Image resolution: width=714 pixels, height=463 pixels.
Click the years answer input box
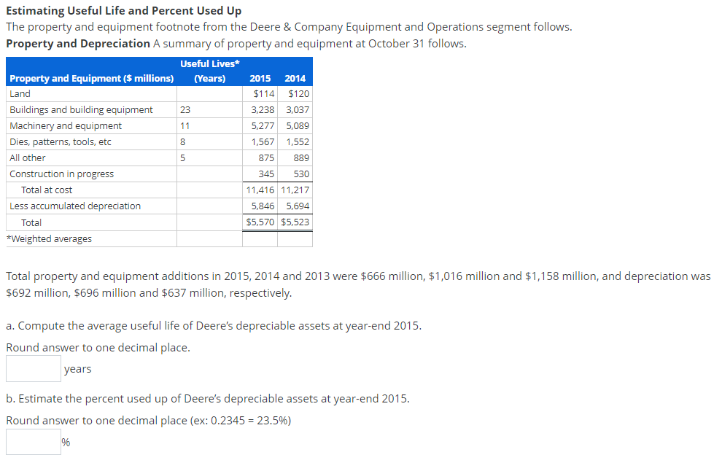click(34, 369)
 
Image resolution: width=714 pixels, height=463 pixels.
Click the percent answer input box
click(34, 442)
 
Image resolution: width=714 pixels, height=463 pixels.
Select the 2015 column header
click(260, 78)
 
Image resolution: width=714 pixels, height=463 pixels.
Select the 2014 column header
click(295, 78)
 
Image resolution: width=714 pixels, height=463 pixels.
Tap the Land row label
click(20, 94)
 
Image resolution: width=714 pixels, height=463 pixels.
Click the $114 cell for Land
click(263, 94)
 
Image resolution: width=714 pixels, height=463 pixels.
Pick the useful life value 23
click(185, 110)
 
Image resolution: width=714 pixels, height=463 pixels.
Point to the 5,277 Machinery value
click(263, 126)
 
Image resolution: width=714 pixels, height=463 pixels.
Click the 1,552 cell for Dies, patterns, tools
click(295, 142)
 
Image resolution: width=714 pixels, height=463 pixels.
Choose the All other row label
click(28, 158)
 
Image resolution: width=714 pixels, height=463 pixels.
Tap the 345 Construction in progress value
click(266, 174)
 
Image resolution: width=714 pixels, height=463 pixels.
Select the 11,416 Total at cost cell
click(261, 190)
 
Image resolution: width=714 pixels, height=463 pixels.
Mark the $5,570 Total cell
click(260, 222)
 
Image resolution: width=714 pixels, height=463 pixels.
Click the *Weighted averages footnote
click(49, 239)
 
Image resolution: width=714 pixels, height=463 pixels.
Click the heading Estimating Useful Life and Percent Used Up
click(123, 11)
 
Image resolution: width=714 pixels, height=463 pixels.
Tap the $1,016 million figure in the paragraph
click(457, 277)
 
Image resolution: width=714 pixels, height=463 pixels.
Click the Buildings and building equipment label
click(81, 110)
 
